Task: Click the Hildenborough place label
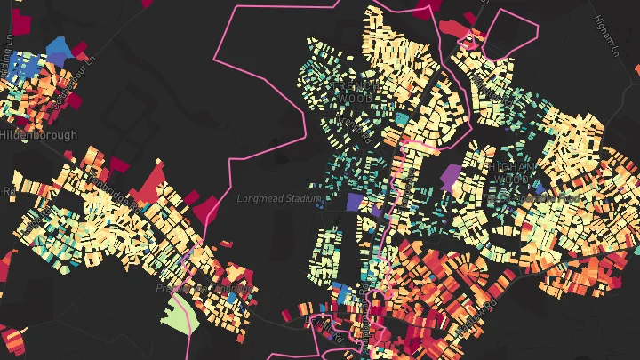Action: [x=39, y=135]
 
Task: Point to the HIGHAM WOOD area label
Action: [x=512, y=172]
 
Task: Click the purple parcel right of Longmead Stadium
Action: [x=354, y=203]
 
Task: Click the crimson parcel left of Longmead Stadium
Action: [x=207, y=210]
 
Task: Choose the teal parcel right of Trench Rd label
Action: [x=401, y=117]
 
